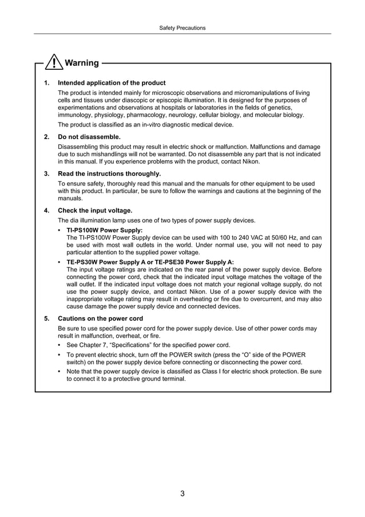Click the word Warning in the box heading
coord(82,63)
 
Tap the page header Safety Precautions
coord(182,27)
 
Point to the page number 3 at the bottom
coord(182,494)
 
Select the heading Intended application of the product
coord(112,83)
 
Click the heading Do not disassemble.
coord(89,137)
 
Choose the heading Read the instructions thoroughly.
coord(109,173)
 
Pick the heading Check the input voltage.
coord(95,210)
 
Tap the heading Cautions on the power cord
coord(101,318)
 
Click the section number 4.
coord(46,210)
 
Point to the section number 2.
coord(46,137)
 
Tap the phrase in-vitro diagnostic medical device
coord(185,125)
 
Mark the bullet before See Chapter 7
coord(61,345)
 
